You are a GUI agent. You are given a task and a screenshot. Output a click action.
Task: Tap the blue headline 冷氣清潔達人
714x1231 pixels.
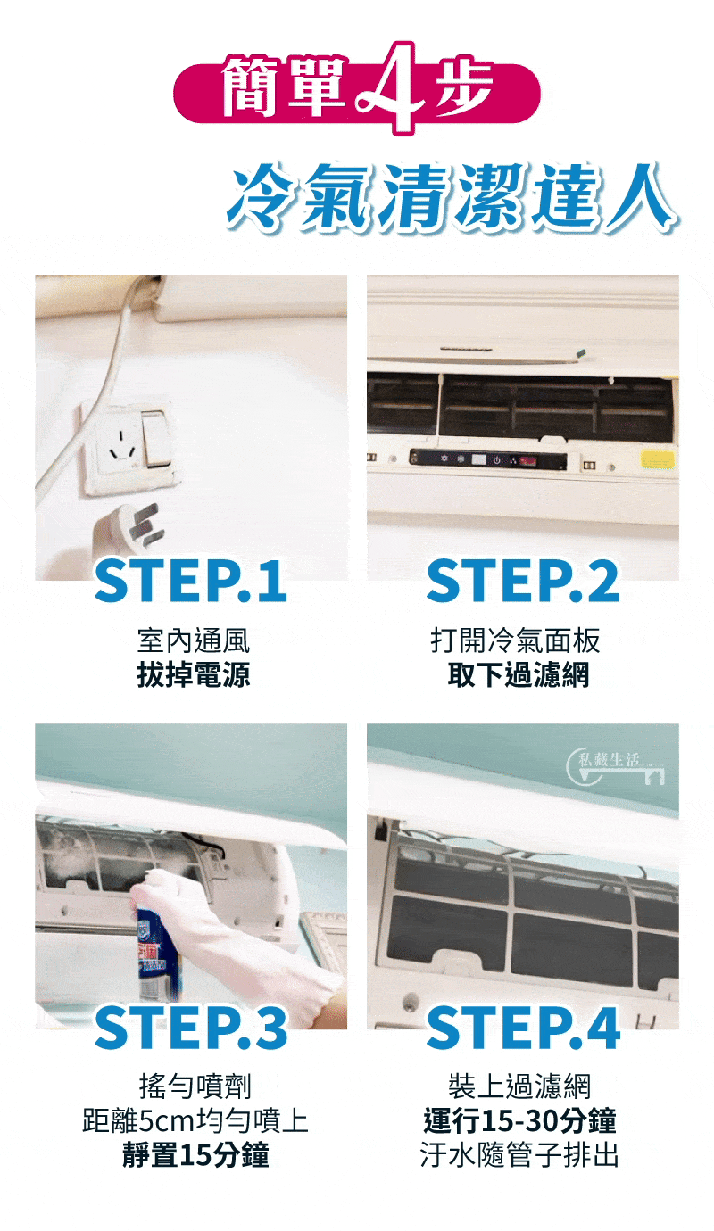click(x=452, y=197)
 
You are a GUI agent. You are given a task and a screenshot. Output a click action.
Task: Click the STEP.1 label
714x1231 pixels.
click(x=191, y=581)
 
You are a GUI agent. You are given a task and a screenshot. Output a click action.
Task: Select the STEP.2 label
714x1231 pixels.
click(x=523, y=581)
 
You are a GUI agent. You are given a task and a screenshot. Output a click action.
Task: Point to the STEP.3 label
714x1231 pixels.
click(x=191, y=1027)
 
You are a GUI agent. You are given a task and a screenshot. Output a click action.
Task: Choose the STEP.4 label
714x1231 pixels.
click(x=523, y=1027)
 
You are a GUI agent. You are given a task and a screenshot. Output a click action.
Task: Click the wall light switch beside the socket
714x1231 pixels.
click(x=156, y=438)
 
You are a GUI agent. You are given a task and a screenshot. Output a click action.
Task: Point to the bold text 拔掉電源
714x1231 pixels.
click(x=194, y=674)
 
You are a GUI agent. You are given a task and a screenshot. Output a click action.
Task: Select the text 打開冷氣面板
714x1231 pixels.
click(x=515, y=640)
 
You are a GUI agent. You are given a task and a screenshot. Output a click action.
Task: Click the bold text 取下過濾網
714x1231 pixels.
click(x=519, y=674)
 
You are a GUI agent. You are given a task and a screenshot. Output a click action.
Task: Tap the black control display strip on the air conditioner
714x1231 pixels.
click(x=487, y=459)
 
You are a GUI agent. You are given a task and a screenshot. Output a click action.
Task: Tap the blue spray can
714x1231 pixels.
click(x=157, y=950)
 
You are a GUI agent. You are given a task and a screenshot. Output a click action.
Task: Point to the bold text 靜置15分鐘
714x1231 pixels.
click(x=195, y=1154)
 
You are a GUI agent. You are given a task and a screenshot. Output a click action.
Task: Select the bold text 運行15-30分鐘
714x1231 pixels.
click(x=520, y=1120)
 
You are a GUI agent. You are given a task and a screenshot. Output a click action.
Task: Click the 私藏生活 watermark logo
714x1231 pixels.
click(x=615, y=767)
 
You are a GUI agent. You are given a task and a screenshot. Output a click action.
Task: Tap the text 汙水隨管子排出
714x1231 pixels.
click(x=519, y=1154)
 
